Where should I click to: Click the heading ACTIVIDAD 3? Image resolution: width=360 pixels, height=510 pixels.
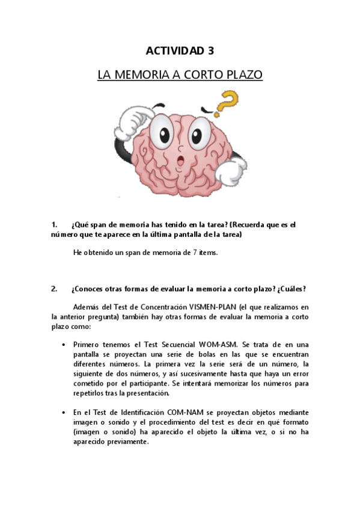180,51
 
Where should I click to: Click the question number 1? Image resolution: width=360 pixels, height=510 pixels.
54,224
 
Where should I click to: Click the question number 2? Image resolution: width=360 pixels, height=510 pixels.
55,288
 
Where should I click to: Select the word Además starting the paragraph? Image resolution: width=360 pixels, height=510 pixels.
86,306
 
